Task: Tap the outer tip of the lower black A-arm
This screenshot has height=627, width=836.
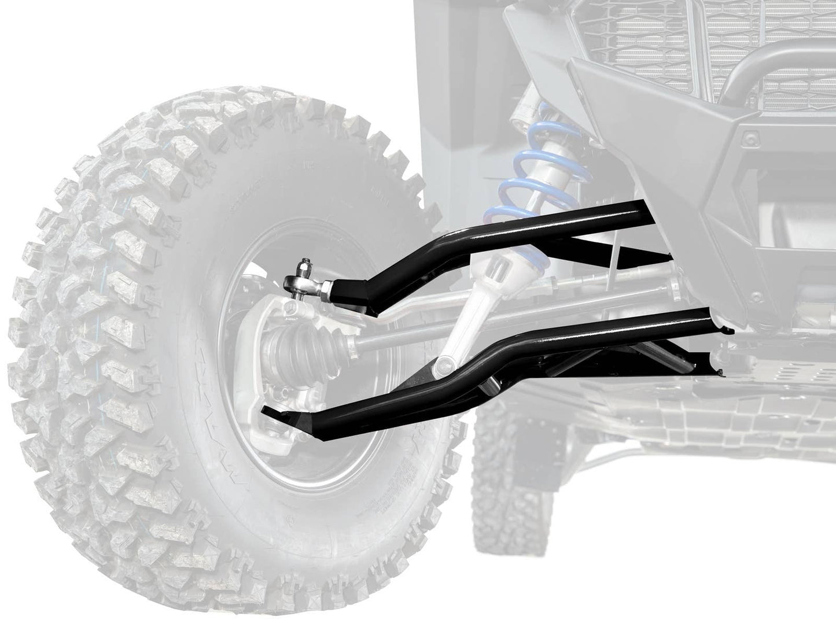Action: tap(267, 412)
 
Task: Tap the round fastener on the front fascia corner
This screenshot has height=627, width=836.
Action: tap(750, 139)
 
